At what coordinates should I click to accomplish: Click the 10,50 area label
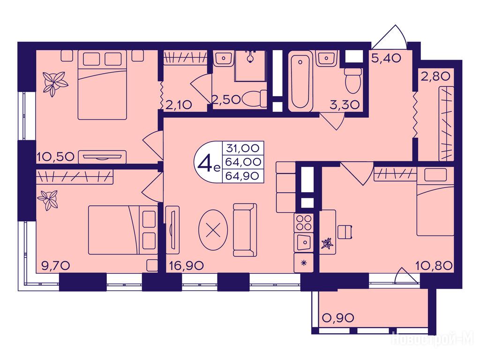click(x=55, y=157)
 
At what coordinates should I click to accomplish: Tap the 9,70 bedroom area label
click(x=56, y=266)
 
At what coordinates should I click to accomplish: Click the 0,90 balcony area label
click(x=338, y=318)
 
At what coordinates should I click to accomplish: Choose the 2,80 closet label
click(x=435, y=76)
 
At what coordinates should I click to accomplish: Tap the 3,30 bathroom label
click(x=345, y=105)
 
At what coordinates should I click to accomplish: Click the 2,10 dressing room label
click(x=179, y=105)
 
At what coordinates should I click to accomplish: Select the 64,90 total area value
click(x=243, y=176)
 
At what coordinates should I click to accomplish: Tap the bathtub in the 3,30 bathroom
click(x=300, y=81)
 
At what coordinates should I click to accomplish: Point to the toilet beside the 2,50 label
click(x=255, y=98)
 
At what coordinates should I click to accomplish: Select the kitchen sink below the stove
click(x=303, y=242)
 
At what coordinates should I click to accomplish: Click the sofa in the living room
click(x=245, y=230)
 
